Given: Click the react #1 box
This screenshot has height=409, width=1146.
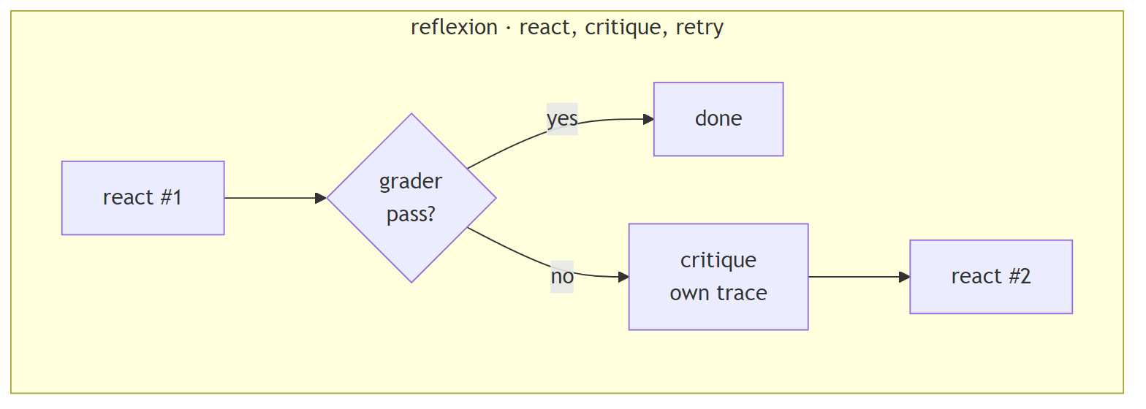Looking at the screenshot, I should tap(143, 198).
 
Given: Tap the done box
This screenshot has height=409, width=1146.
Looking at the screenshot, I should tap(718, 119).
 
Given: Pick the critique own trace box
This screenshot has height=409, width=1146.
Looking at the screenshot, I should tap(718, 277).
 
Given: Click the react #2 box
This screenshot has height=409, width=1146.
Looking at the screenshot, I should tap(990, 277).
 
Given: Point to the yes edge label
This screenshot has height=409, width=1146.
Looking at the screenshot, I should tap(562, 119).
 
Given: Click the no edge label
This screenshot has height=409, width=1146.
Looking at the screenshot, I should tap(562, 277).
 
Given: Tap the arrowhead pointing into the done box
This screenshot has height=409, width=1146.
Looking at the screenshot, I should tap(648, 119).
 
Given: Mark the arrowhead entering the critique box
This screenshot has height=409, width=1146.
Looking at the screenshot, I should tap(623, 277).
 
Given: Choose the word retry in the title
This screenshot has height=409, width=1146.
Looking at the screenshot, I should tap(699, 28).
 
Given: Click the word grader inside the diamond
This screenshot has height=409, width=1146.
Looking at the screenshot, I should tap(411, 181).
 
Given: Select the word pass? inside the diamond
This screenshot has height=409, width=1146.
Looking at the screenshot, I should tap(411, 215).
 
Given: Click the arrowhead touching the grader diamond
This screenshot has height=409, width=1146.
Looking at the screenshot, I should tap(320, 198).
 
